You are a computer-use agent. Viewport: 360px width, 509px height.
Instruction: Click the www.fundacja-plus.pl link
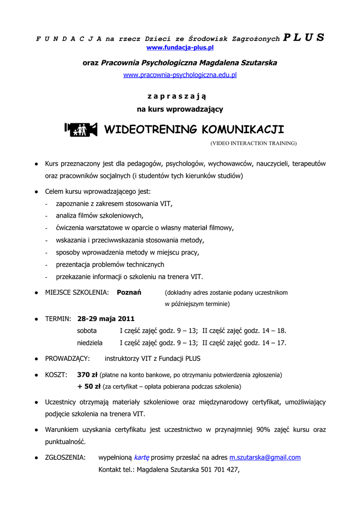(x=180, y=48)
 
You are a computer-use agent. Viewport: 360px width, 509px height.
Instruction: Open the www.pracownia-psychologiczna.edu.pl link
(x=180, y=75)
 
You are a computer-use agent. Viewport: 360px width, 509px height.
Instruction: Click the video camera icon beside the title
(x=81, y=129)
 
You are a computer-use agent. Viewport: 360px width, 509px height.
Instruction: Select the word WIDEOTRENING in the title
(x=150, y=130)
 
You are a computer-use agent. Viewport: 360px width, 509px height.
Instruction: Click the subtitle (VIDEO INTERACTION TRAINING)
(x=253, y=143)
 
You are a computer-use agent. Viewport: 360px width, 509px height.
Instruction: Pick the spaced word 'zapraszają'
(x=180, y=95)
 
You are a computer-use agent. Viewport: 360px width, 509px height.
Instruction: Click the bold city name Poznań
(x=129, y=293)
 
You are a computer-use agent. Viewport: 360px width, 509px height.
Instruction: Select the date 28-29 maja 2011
(x=106, y=319)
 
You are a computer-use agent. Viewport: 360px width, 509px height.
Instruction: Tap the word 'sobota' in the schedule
(x=87, y=331)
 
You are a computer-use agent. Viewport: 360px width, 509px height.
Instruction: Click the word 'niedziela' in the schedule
(x=90, y=342)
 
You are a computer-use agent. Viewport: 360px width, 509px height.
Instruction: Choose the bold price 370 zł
(x=88, y=374)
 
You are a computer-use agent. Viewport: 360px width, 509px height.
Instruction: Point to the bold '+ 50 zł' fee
(x=89, y=386)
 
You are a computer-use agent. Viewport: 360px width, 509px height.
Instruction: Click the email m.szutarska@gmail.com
(x=265, y=457)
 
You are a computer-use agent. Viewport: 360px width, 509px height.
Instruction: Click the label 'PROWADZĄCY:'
(x=67, y=358)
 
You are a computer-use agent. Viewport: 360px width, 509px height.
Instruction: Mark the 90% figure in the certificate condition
(x=263, y=429)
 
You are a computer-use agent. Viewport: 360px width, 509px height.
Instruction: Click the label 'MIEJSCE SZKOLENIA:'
(x=77, y=293)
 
